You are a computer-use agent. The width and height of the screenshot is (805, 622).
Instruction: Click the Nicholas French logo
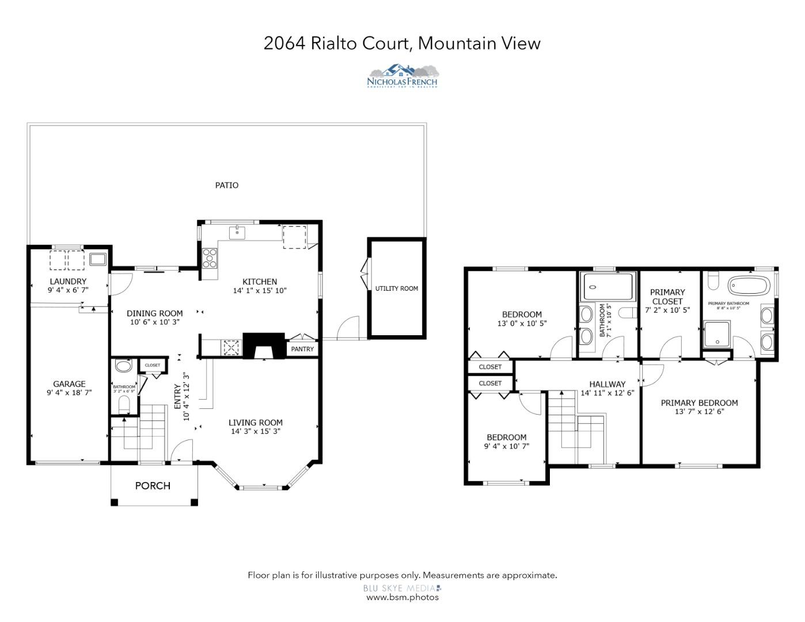pyautogui.click(x=403, y=76)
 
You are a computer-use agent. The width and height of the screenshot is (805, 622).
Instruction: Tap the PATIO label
pyautogui.click(x=226, y=185)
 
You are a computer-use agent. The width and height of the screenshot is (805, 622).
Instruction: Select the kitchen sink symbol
pyautogui.click(x=237, y=233)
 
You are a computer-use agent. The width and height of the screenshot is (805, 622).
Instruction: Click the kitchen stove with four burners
pyautogui.click(x=210, y=258)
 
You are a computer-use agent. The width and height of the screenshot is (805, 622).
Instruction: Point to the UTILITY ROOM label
pyautogui.click(x=397, y=288)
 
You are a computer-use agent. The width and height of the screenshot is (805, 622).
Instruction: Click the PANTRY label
pyautogui.click(x=302, y=349)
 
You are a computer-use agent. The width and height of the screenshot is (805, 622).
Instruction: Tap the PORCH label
pyautogui.click(x=153, y=486)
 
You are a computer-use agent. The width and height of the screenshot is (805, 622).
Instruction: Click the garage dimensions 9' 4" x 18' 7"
pyautogui.click(x=69, y=392)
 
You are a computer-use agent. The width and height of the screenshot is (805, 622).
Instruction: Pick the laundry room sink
pyautogui.click(x=97, y=259)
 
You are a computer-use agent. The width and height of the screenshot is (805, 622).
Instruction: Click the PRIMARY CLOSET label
pyautogui.click(x=668, y=297)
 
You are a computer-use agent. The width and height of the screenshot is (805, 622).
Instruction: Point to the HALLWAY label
pyautogui.click(x=607, y=384)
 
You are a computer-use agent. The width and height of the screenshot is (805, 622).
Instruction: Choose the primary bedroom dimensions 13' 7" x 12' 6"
pyautogui.click(x=699, y=411)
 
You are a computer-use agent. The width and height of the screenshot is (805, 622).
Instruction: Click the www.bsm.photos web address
pyautogui.click(x=403, y=597)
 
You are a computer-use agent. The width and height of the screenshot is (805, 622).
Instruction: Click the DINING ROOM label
pyautogui.click(x=154, y=313)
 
